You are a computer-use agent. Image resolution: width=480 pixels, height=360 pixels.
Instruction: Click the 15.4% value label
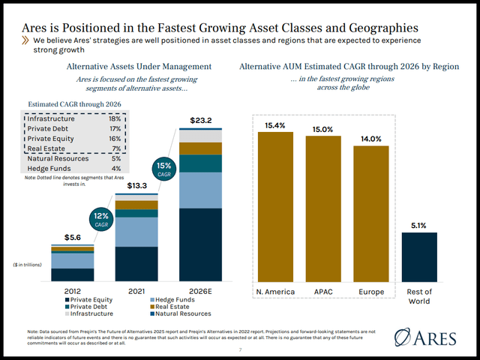click(x=275, y=124)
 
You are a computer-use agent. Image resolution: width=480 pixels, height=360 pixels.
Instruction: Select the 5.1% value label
click(x=419, y=224)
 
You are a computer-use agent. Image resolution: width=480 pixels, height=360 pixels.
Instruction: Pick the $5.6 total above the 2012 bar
click(x=72, y=237)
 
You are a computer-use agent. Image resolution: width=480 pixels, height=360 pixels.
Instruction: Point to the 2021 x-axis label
click(x=136, y=291)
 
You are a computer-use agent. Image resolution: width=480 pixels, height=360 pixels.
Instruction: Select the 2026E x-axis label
click(x=199, y=291)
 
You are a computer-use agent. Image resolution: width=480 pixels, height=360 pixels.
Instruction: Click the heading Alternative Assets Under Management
click(x=139, y=67)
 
